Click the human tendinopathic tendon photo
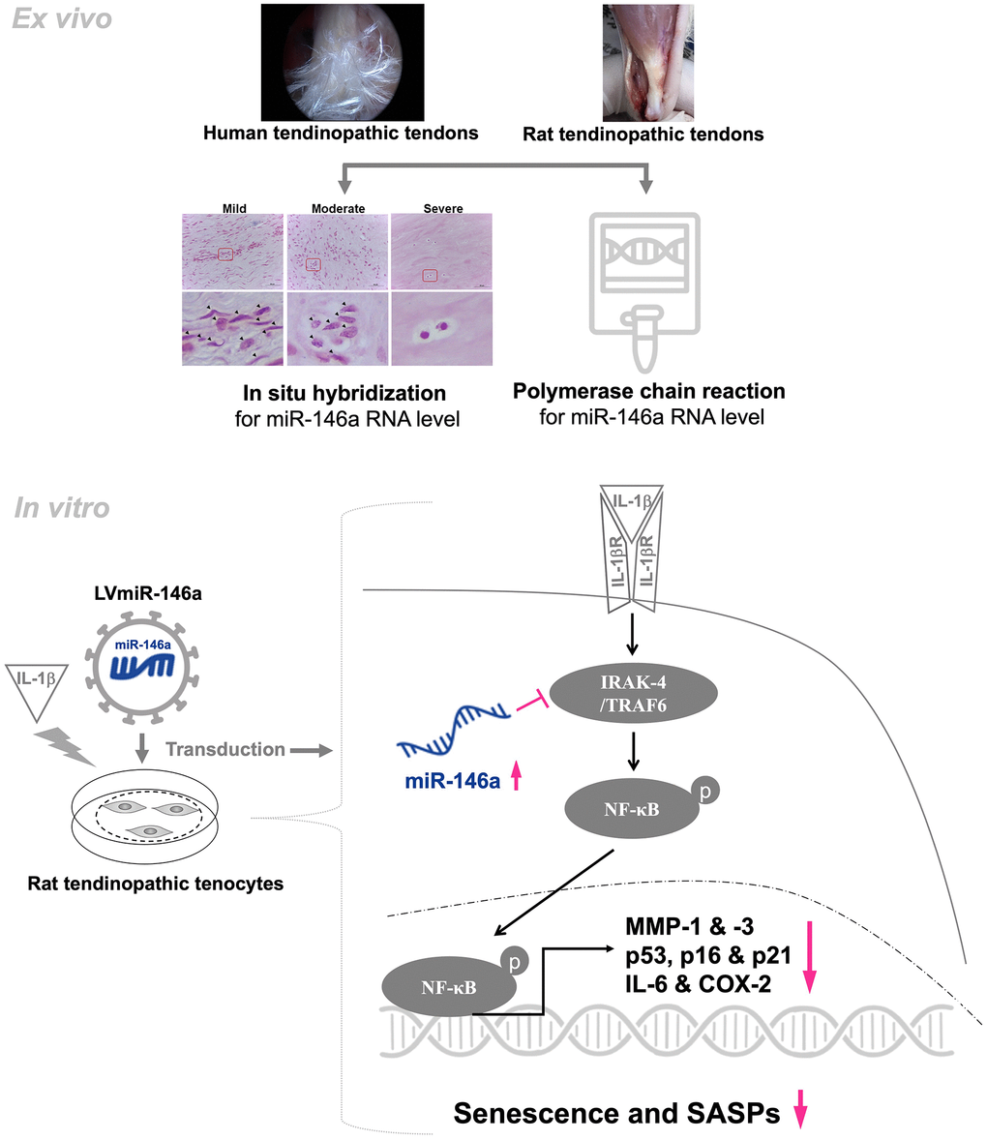[342, 63]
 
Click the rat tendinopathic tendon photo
[647, 63]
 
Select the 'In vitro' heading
[62, 508]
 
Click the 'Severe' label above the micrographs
[443, 208]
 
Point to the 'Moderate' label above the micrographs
[338, 208]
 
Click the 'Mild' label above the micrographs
[234, 208]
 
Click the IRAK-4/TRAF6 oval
[634, 695]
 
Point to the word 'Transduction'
[224, 749]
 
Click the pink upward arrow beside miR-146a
[516, 775]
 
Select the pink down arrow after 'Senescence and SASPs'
[799, 1113]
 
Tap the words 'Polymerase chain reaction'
[648, 392]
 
